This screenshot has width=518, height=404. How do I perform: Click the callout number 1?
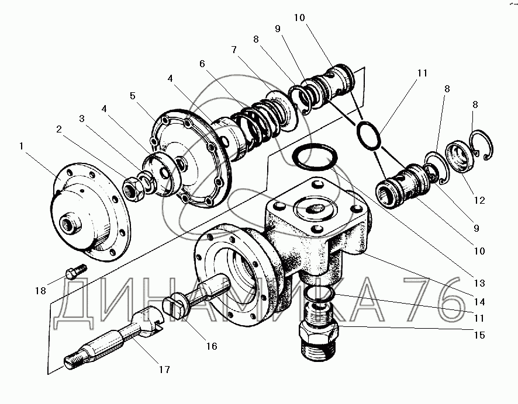pos(22,146)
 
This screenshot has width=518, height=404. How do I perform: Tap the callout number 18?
pos(41,291)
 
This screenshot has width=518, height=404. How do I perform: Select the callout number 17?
pos(164,370)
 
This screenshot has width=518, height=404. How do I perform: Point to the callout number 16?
pos(212,346)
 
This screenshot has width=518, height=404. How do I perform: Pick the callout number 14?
pos(479,301)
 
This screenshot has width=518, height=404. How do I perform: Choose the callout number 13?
pos(479,283)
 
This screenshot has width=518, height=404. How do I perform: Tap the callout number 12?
pos(479,200)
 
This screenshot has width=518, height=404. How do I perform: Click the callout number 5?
pos(133,96)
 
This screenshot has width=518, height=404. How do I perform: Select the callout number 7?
pos(234,50)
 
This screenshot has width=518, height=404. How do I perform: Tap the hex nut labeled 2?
pos(133,189)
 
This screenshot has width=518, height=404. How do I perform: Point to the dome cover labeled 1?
pos(90,211)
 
